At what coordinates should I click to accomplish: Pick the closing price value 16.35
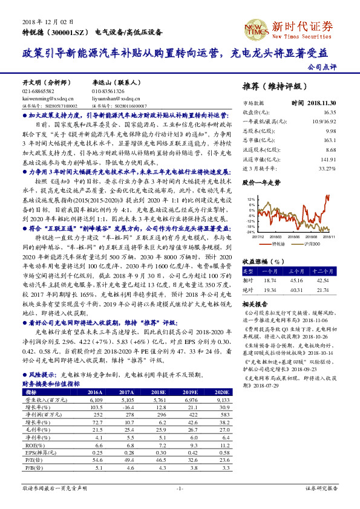[329, 112]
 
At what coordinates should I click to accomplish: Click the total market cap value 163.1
[329, 140]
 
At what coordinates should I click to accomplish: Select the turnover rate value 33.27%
[327, 167]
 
